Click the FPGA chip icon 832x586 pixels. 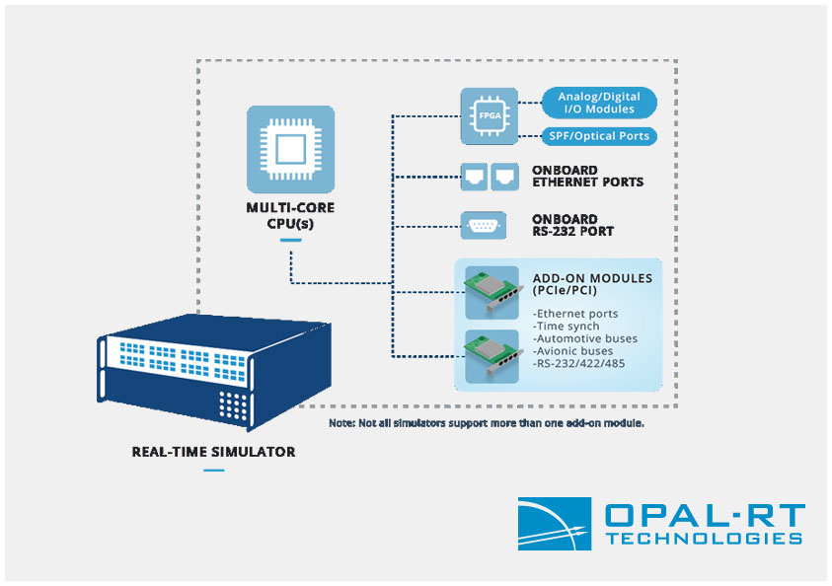point(490,116)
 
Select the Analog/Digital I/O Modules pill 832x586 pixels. point(599,103)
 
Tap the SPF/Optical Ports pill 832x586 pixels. point(599,136)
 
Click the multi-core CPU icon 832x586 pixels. point(290,149)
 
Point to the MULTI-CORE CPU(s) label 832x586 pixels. point(290,215)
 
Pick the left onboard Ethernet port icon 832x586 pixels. point(474,177)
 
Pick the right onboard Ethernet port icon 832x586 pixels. point(504,177)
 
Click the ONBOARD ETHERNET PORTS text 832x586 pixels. point(587,176)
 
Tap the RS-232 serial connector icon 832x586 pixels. point(483,226)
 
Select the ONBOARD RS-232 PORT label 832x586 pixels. point(573,225)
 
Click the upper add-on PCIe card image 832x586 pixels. point(492,293)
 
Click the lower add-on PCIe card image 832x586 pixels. point(492,356)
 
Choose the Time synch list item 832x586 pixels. point(567,327)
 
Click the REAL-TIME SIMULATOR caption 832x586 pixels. point(213,452)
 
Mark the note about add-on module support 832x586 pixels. point(487,423)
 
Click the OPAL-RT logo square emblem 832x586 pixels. point(555,524)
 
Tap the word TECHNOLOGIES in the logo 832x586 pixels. point(704,539)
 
